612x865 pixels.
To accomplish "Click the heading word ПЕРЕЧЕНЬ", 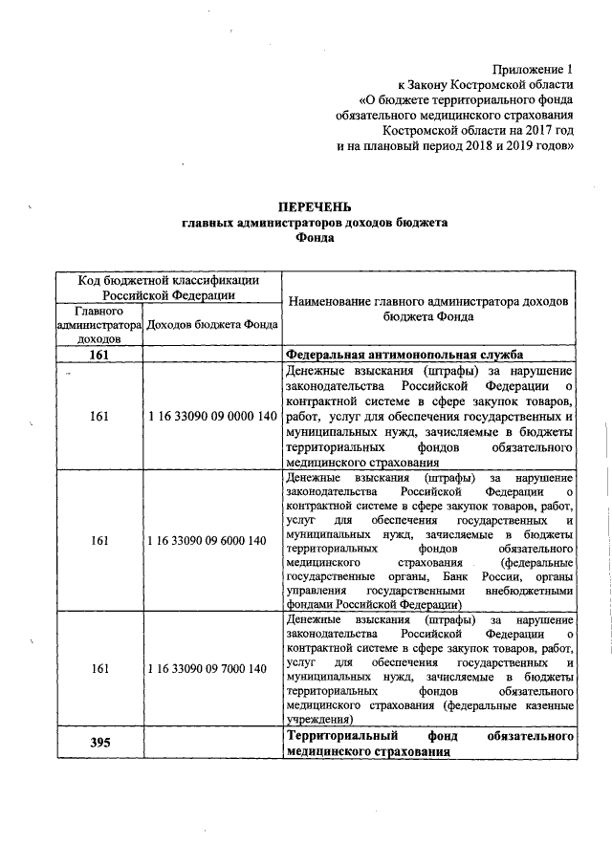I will pos(315,206).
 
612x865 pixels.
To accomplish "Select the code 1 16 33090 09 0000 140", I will pos(212,417).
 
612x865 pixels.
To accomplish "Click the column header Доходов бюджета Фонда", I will pos(212,324).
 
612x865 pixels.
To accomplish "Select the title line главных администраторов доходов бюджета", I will pos(315,223).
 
